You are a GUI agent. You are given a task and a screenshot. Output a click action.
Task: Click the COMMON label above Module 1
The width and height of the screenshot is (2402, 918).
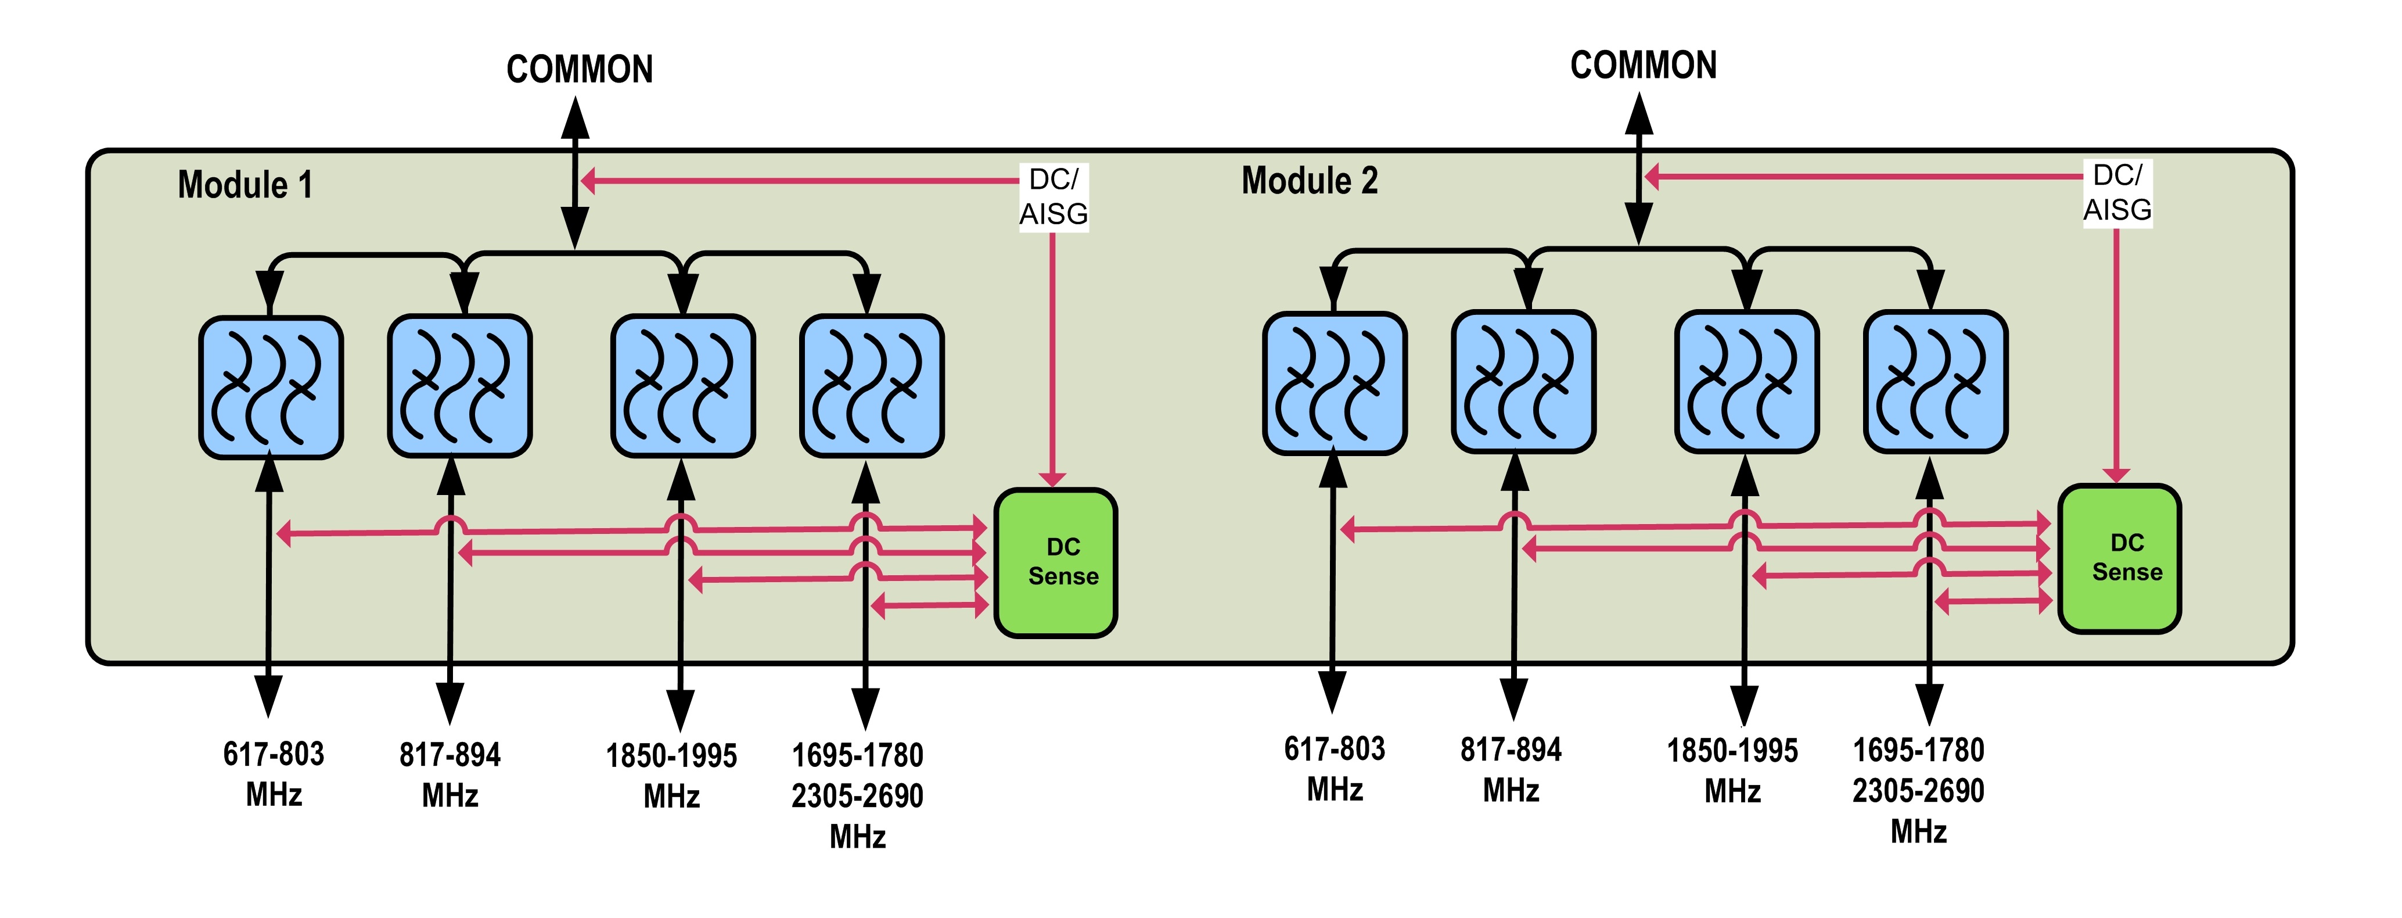(579, 69)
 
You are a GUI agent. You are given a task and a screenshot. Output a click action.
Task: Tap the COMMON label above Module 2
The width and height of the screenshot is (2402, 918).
(1643, 65)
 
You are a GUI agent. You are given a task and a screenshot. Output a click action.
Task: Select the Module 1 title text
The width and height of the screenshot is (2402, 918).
(245, 185)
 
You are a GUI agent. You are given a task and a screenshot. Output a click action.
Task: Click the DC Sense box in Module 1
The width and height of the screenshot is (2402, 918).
(1056, 562)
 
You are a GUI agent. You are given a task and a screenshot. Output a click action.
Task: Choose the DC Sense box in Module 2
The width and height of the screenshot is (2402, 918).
(2119, 558)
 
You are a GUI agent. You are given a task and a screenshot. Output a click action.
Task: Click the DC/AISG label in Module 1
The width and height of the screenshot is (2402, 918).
(1053, 196)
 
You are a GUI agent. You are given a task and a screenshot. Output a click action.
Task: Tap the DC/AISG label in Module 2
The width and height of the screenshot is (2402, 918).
(2117, 192)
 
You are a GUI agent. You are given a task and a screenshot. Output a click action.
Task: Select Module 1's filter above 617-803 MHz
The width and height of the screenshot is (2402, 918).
(271, 387)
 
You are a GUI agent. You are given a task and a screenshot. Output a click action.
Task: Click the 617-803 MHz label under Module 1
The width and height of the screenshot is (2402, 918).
(273, 773)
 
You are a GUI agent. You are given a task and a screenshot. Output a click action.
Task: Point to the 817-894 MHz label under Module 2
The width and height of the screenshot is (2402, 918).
(1511, 770)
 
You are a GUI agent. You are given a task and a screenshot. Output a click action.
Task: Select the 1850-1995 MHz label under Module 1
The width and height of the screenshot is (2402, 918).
(671, 775)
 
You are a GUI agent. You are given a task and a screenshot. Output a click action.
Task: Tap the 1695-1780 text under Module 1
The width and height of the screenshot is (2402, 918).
(857, 755)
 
